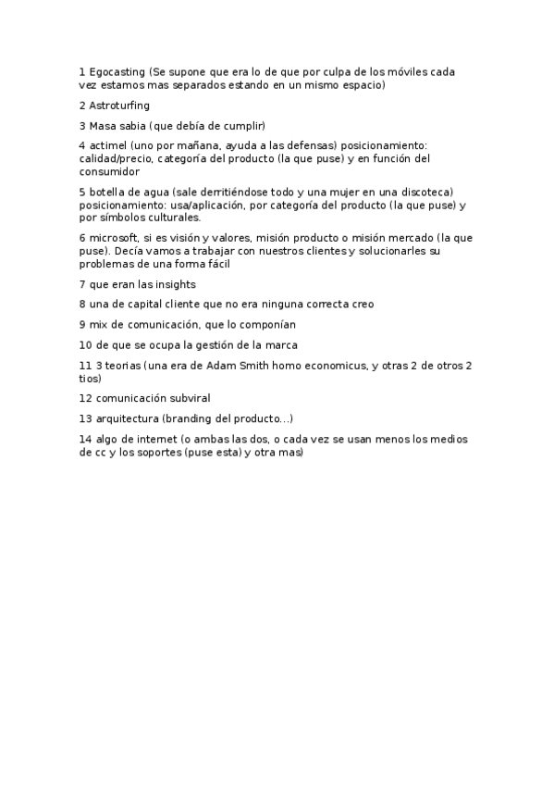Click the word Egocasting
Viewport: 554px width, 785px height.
117,71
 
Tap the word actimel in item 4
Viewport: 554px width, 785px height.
110,145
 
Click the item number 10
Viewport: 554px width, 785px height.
85,345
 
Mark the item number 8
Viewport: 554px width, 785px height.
82,304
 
